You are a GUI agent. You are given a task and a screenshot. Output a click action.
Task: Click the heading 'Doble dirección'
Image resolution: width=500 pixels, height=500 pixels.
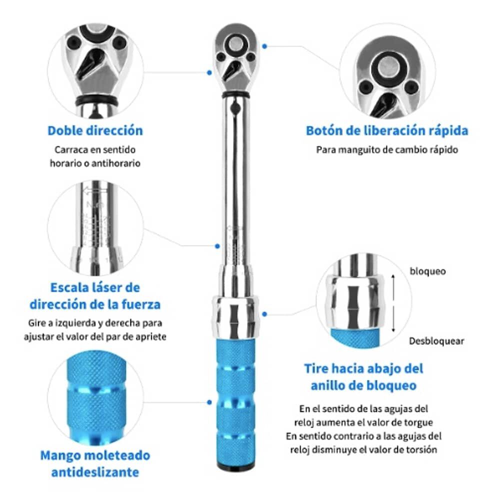coord(95,131)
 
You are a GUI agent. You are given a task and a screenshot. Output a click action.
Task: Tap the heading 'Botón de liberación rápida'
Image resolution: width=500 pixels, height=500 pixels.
coord(386,131)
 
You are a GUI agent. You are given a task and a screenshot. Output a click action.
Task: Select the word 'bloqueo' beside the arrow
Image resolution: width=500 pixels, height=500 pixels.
coord(427,271)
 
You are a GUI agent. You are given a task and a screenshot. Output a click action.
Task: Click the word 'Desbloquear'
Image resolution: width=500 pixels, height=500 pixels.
coord(436,341)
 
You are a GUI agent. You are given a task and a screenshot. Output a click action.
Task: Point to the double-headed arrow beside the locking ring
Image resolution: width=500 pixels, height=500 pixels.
coord(395,305)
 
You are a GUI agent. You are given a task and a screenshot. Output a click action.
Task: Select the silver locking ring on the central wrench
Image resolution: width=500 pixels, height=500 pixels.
coord(235,316)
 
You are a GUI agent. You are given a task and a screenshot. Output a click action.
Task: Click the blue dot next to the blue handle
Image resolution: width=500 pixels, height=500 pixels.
coord(208,401)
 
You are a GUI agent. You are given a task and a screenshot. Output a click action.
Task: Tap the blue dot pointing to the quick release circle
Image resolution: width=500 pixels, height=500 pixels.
coord(264,45)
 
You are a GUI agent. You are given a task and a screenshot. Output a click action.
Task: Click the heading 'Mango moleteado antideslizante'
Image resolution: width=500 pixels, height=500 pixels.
coord(95,463)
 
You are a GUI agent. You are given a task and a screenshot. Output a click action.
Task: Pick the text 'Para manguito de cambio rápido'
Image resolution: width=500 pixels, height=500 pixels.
coord(386,149)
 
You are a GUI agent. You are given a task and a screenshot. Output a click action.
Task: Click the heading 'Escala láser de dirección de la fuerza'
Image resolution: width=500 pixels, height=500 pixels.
coord(95,295)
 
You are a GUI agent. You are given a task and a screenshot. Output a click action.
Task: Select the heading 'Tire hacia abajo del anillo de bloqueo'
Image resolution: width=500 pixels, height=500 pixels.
coord(363,377)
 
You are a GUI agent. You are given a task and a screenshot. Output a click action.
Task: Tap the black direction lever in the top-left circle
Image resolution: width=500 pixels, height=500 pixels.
coord(90,65)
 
